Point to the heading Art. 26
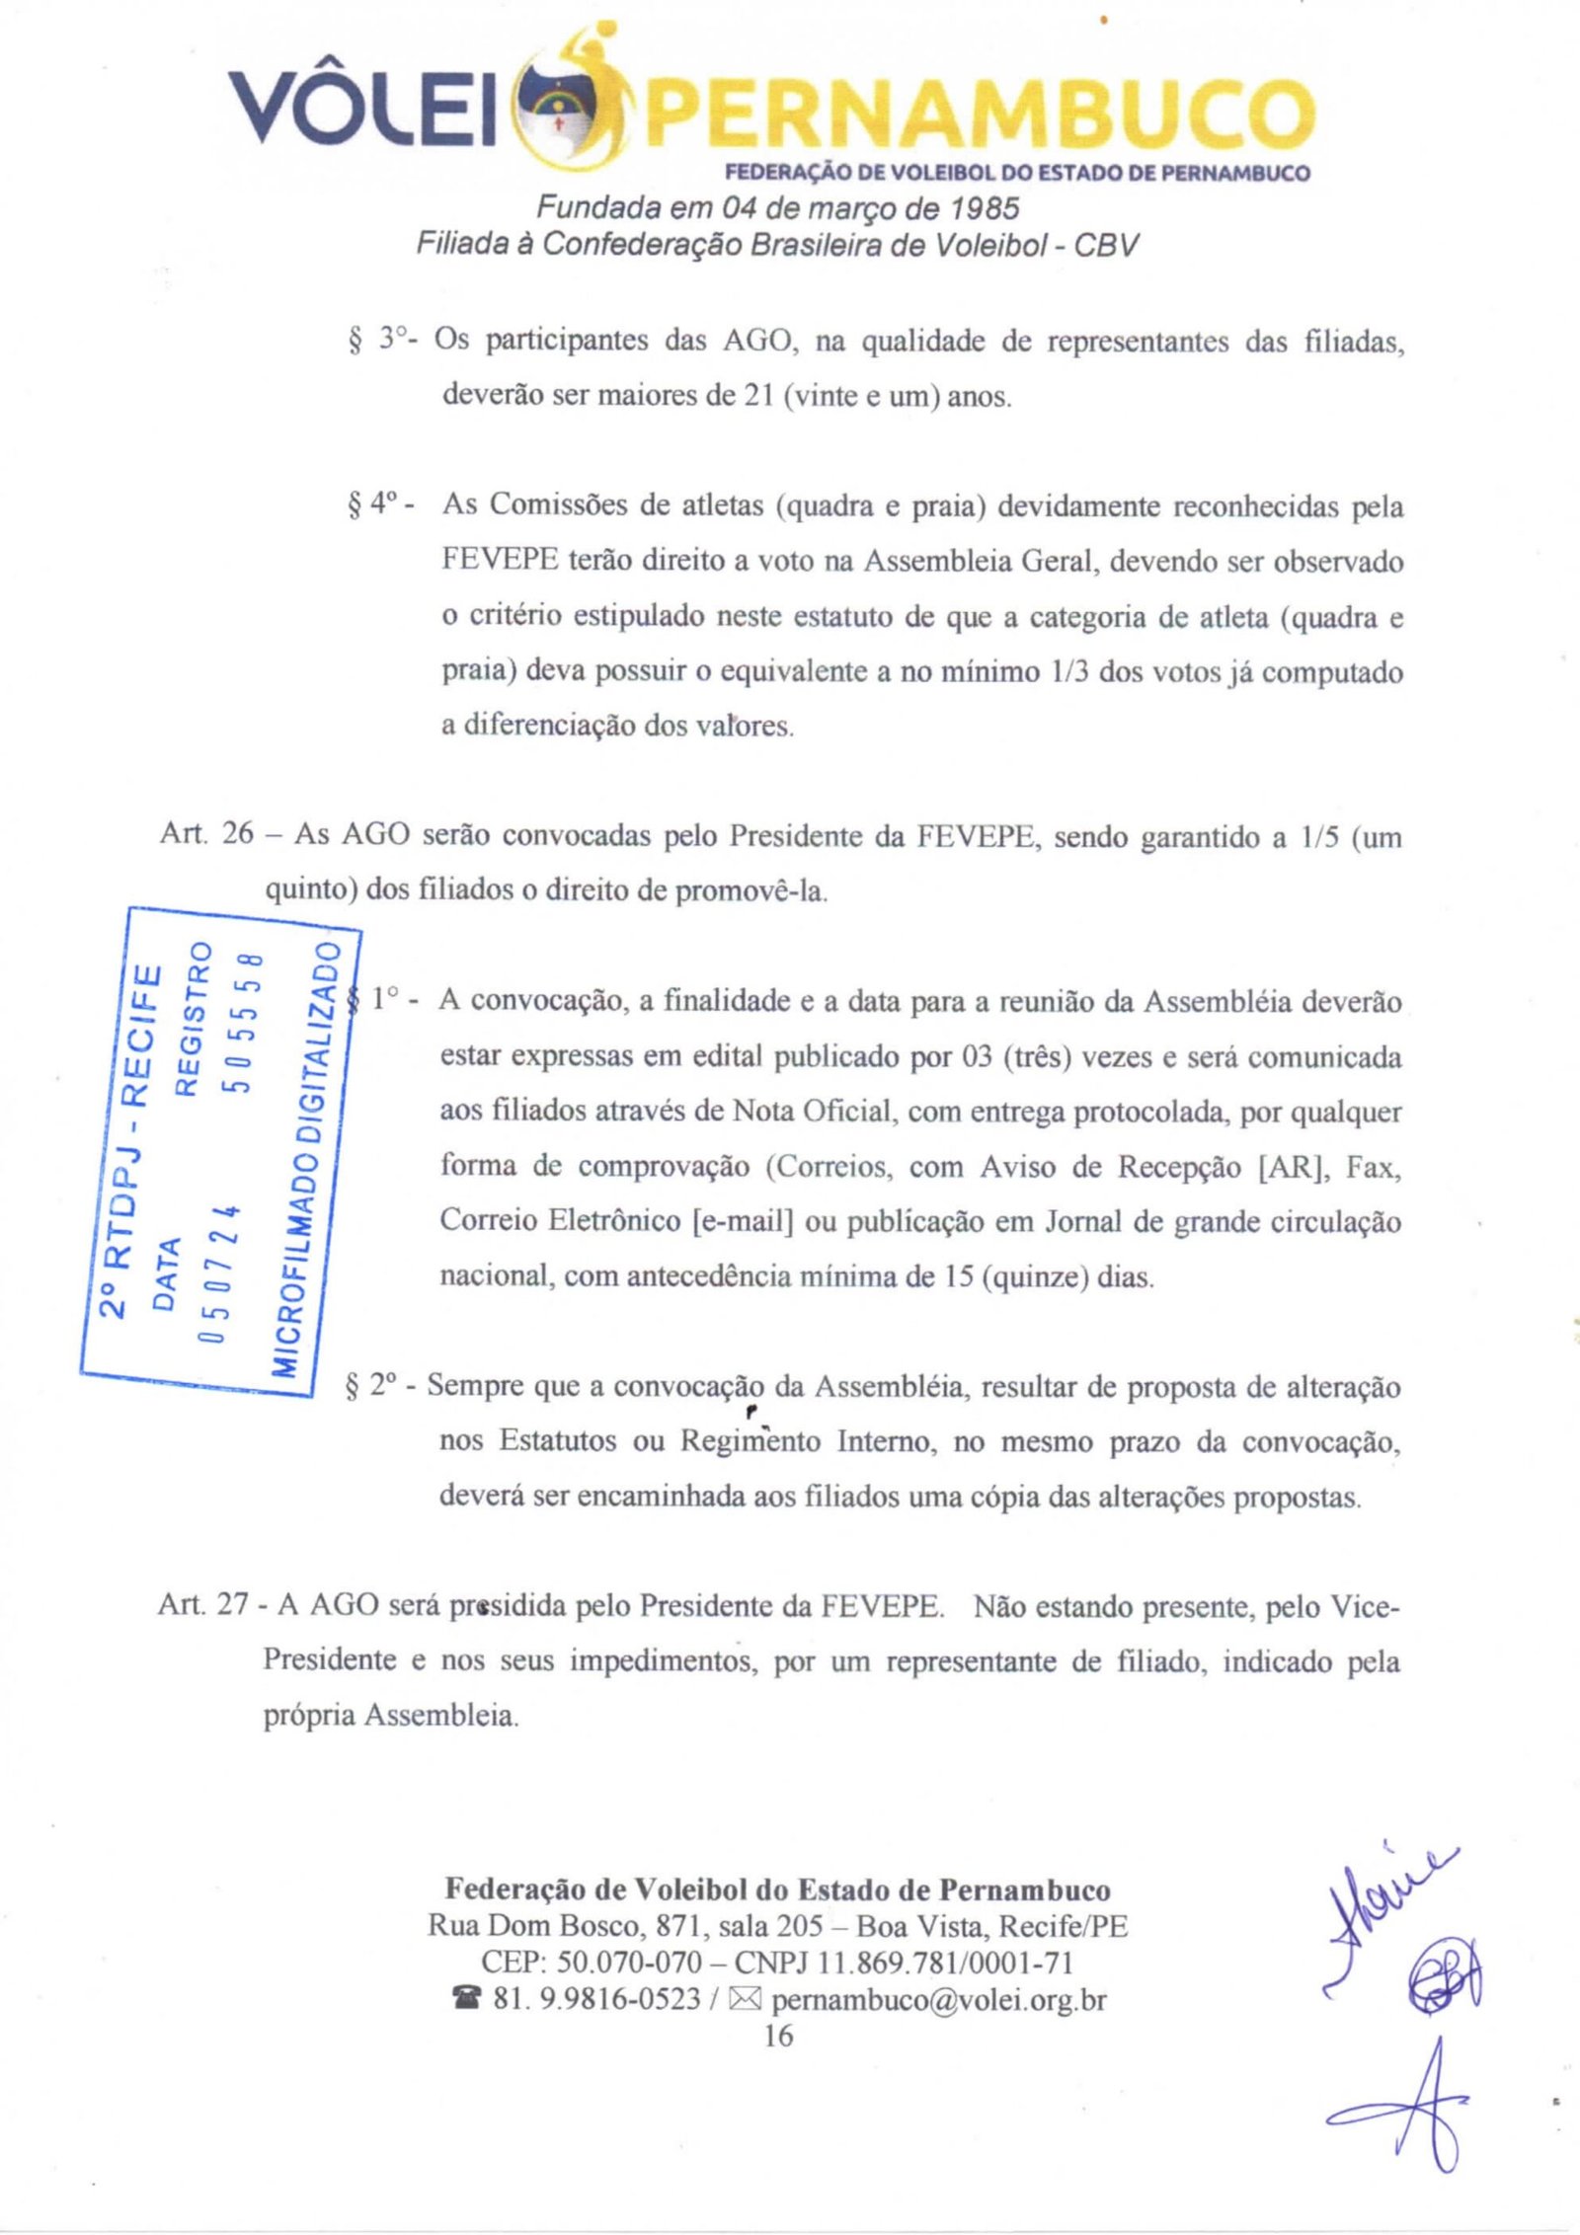point(206,834)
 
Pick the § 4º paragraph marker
point(378,504)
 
